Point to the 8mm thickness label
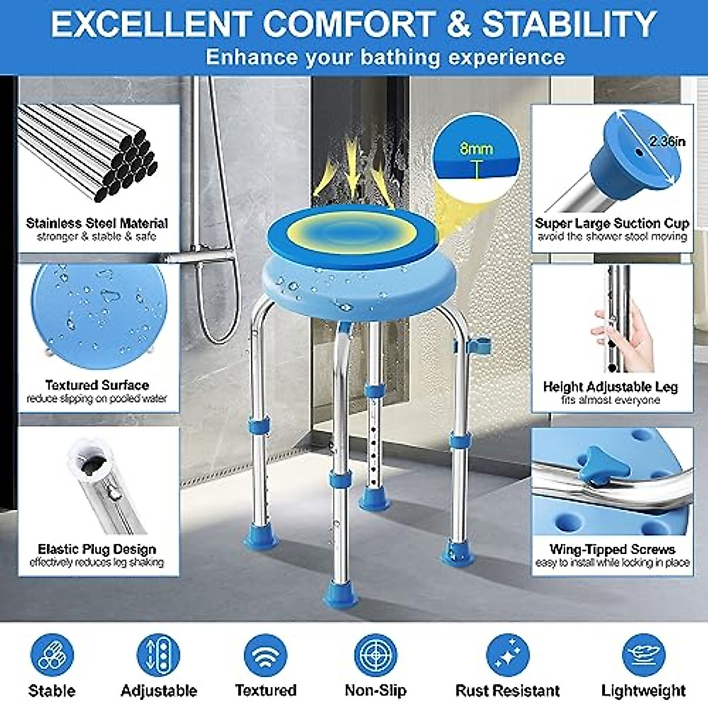click(476, 148)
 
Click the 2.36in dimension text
click(667, 142)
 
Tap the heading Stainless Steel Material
click(97, 223)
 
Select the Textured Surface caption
click(97, 385)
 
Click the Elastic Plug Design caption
click(97, 549)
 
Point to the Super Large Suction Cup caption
click(612, 223)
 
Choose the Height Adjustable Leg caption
click(610, 387)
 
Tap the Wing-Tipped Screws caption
click(612, 549)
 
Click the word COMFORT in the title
click(348, 25)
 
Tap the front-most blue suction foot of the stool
click(340, 592)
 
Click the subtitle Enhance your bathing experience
click(385, 57)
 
